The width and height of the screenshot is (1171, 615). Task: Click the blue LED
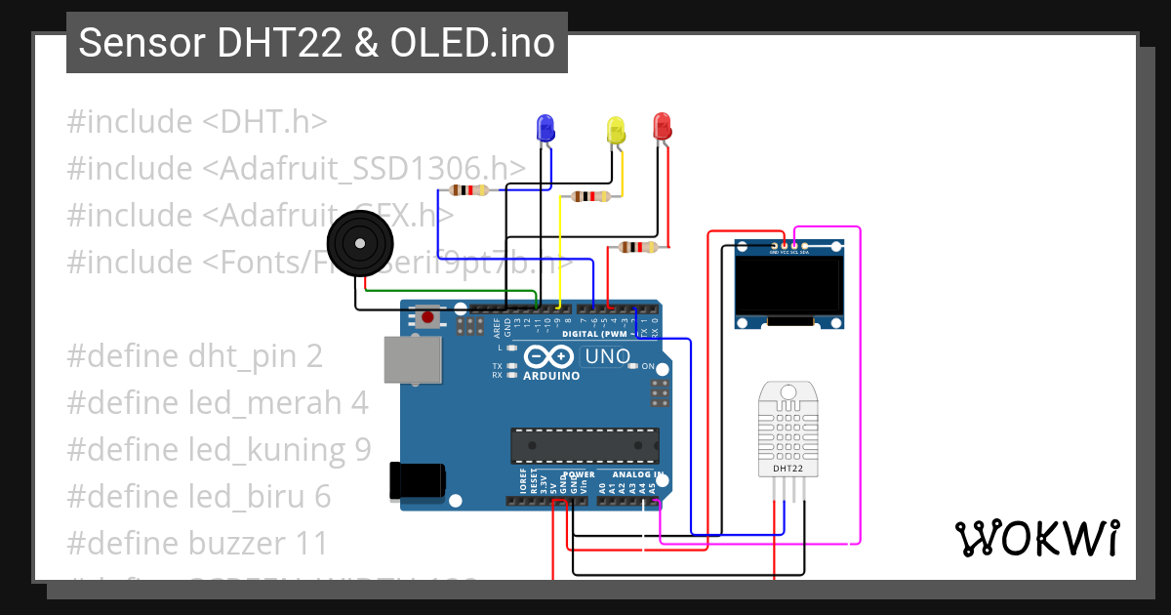coord(545,128)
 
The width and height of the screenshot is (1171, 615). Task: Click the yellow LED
coord(615,131)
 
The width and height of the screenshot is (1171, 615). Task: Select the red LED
coord(662,125)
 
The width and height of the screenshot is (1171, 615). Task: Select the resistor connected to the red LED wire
coord(638,247)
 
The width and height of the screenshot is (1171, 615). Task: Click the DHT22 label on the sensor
coord(787,469)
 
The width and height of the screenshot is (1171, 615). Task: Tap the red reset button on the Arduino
coord(427,316)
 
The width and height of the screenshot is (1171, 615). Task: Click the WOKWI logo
coord(1036,538)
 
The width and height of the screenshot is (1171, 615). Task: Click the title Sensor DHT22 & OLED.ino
coord(316,43)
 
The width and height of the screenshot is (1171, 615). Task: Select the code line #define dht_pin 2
coord(194,355)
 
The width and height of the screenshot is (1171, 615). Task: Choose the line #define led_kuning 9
coord(219,449)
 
